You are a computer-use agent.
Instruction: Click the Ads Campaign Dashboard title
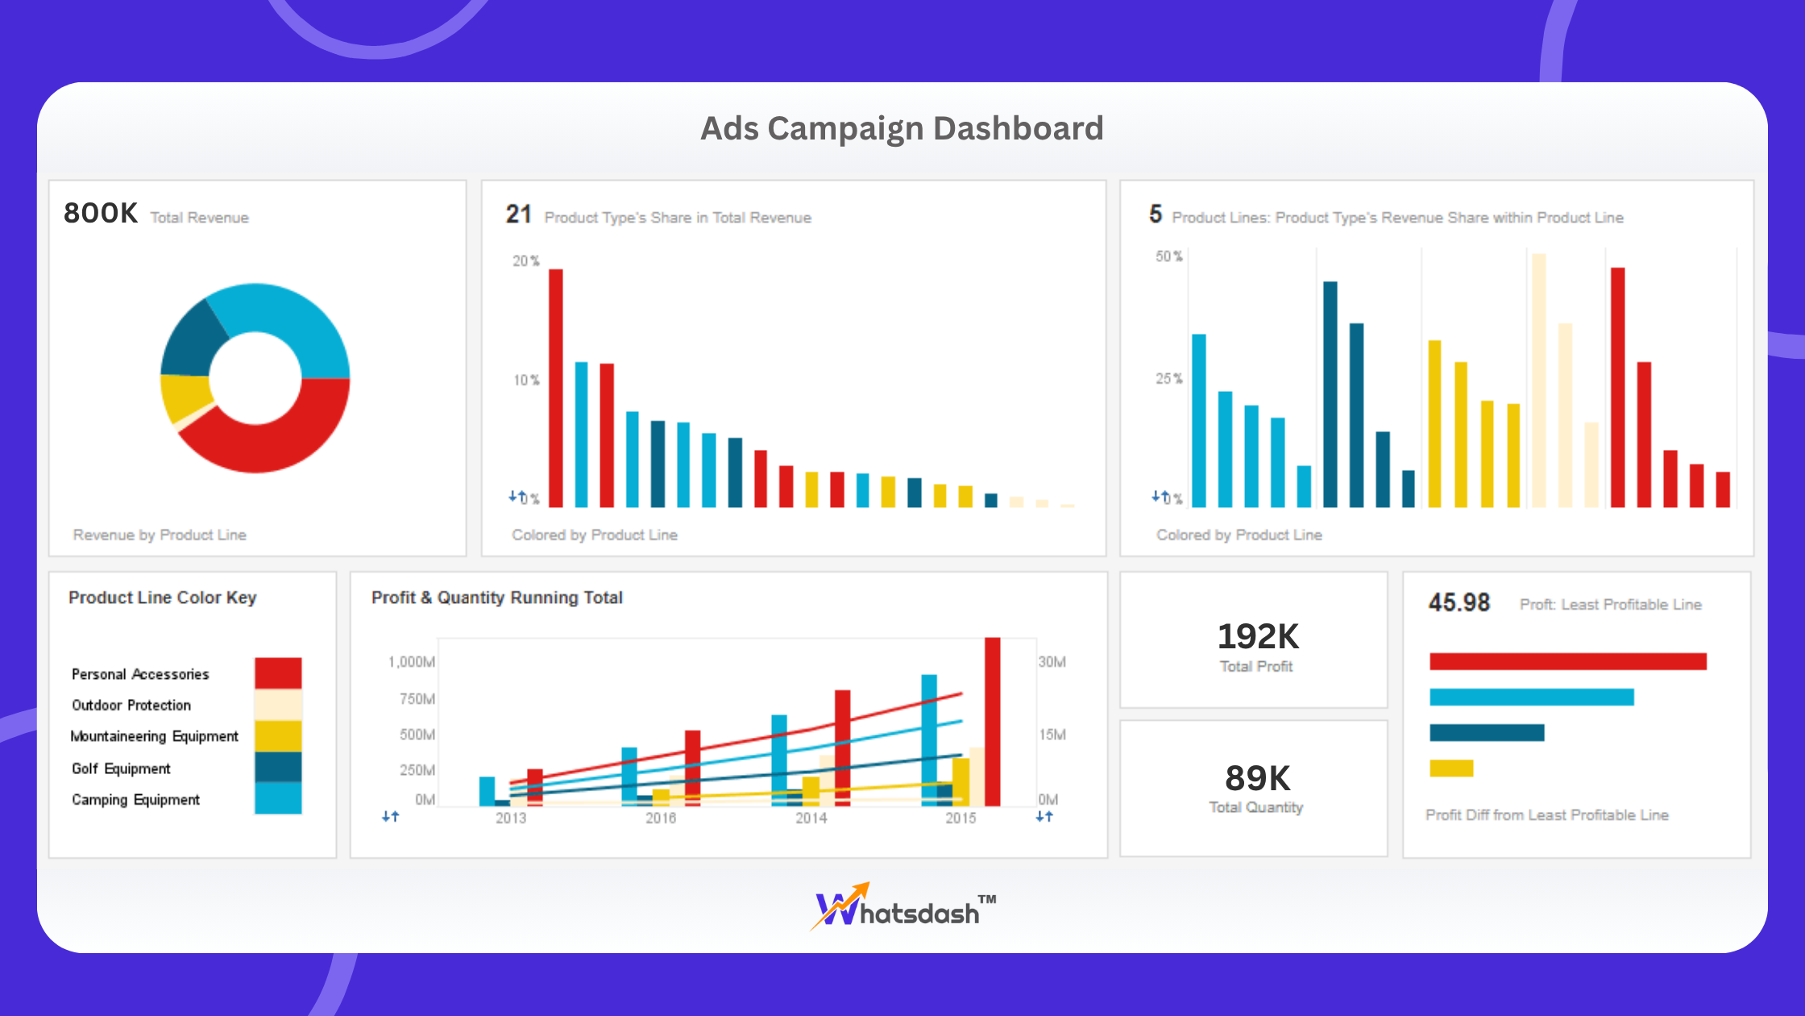[902, 129]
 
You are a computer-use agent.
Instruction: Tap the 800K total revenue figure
[101, 214]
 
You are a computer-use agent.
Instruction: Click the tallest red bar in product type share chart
[556, 387]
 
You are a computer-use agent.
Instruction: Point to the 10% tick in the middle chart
[526, 380]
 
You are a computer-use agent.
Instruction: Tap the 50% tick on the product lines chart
[1168, 256]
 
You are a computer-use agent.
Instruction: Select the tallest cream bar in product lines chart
[1538, 379]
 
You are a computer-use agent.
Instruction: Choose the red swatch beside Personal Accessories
[278, 673]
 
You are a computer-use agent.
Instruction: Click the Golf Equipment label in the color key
[121, 768]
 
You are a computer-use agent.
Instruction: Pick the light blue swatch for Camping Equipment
[278, 798]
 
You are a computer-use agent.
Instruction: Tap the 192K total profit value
[1257, 637]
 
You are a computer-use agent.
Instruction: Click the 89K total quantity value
[1257, 779]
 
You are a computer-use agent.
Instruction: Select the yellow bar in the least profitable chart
[1451, 768]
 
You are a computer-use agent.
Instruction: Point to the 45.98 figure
[1459, 602]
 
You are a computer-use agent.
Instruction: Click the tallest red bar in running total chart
[993, 722]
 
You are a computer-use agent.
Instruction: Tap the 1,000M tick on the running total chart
[411, 662]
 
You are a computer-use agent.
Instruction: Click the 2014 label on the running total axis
[811, 818]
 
